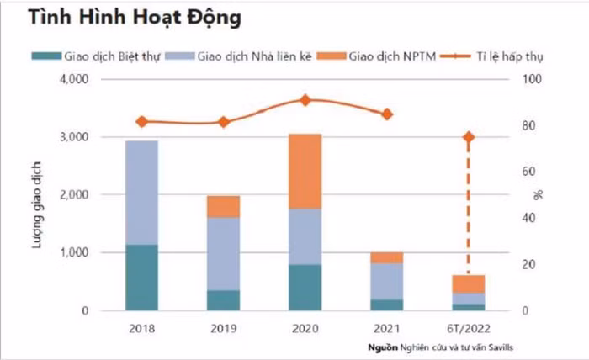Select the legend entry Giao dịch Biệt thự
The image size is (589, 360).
105,56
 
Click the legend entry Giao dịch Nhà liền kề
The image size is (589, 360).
253,56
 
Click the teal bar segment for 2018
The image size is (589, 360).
142,277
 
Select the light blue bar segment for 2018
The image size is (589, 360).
142,192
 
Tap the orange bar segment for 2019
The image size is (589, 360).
224,206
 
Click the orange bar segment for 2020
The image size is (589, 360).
305,171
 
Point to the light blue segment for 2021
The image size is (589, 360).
387,281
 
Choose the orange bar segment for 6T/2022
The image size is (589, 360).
469,283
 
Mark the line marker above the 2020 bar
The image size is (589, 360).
305,100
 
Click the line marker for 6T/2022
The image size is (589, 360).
469,137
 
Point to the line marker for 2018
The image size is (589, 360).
142,122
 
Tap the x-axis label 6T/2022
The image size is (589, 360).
469,327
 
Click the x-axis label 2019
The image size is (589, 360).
224,327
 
